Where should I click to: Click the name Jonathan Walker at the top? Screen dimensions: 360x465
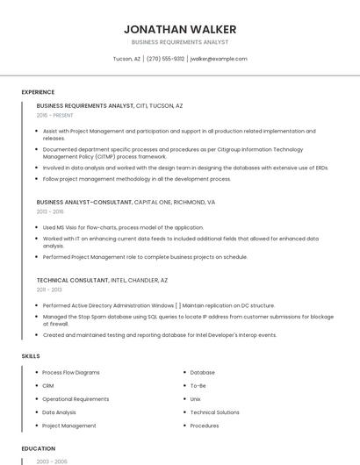click(180, 29)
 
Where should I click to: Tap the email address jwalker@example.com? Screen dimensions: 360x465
click(219, 59)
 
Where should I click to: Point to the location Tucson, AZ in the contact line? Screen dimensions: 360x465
click(126, 59)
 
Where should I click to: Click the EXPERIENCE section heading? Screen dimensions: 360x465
click(38, 92)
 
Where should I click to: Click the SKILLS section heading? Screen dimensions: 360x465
click(30, 356)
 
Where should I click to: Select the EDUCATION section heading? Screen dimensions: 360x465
click(39, 448)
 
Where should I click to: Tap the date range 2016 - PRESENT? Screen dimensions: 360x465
click(56, 115)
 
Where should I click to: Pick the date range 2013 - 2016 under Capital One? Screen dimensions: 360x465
click(50, 211)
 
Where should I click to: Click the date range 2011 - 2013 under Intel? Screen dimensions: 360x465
click(49, 290)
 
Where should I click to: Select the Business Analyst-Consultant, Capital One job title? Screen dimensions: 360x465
click(126, 202)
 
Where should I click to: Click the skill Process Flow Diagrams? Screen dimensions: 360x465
click(71, 373)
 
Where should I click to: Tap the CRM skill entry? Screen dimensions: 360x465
click(48, 386)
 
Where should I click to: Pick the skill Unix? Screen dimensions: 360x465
click(196, 399)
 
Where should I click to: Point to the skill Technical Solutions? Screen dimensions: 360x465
click(214, 412)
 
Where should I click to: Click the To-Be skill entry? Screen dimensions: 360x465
click(198, 386)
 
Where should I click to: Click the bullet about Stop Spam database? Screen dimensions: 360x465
click(188, 320)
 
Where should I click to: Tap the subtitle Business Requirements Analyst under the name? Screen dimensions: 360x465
click(180, 42)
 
